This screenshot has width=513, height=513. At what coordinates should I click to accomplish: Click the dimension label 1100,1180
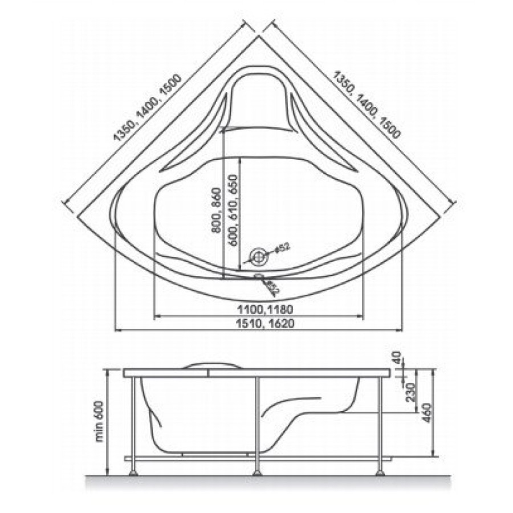pos(265,309)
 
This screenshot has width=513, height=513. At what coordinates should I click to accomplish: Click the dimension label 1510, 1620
pos(265,324)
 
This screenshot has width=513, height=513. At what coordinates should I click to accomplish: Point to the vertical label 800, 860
pos(216,210)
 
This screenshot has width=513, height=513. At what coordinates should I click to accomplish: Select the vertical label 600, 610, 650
pos(233,210)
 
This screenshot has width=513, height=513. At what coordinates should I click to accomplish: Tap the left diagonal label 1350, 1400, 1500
pos(147,108)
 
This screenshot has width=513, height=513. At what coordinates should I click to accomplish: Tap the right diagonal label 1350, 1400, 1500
pos(367,104)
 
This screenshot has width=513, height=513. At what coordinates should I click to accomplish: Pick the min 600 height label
pos(99,421)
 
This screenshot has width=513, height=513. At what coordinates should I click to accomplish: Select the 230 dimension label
pos(411,393)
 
